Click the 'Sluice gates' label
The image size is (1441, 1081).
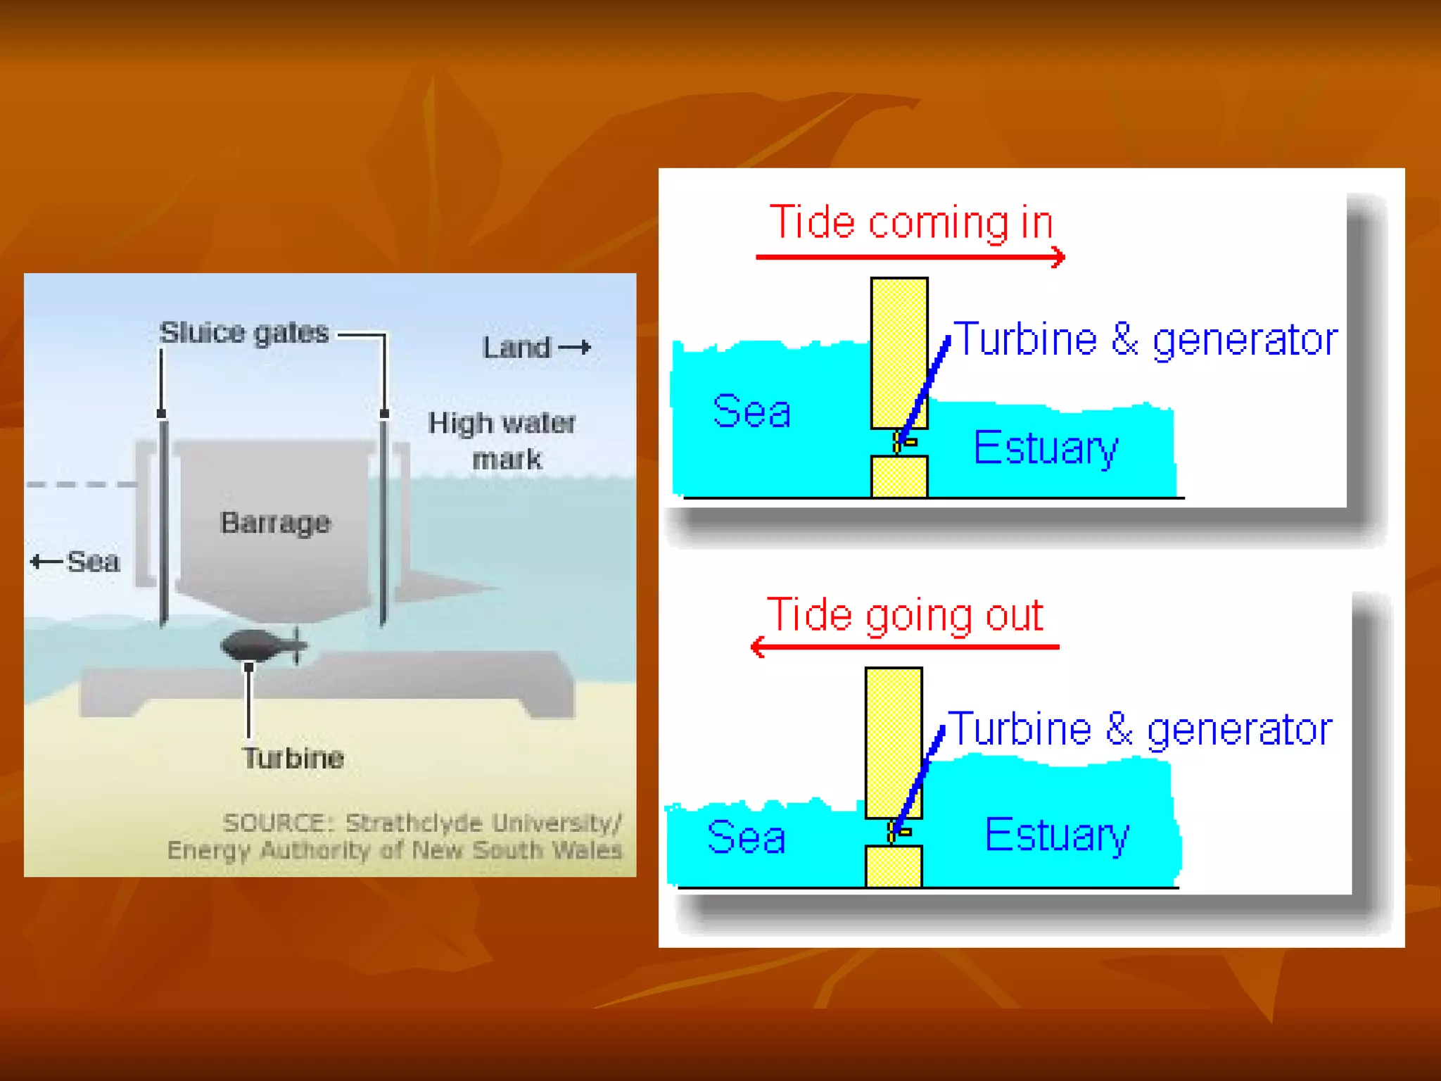(243, 332)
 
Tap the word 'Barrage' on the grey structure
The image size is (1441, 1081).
(275, 523)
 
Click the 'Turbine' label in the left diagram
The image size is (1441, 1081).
(293, 758)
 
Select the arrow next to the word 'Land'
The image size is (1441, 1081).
(575, 347)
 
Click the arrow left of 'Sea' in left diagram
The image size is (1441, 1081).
(46, 562)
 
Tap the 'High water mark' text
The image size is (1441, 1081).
(502, 441)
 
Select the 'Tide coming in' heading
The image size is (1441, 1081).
(911, 222)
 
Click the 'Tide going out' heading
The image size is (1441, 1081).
(905, 615)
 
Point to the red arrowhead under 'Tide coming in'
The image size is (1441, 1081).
(1058, 257)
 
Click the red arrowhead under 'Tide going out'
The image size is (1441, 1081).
(758, 647)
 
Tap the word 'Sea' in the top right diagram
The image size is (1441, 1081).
(751, 411)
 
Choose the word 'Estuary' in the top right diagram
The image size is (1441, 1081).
(1046, 448)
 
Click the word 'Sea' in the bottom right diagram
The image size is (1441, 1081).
(746, 837)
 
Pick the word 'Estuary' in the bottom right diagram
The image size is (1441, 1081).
(1057, 835)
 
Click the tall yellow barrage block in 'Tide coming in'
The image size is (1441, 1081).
(899, 352)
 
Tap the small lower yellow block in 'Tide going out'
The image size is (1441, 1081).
(894, 866)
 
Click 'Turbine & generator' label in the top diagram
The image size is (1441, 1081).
(1145, 340)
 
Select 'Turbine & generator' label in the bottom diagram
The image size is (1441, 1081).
(1140, 729)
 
